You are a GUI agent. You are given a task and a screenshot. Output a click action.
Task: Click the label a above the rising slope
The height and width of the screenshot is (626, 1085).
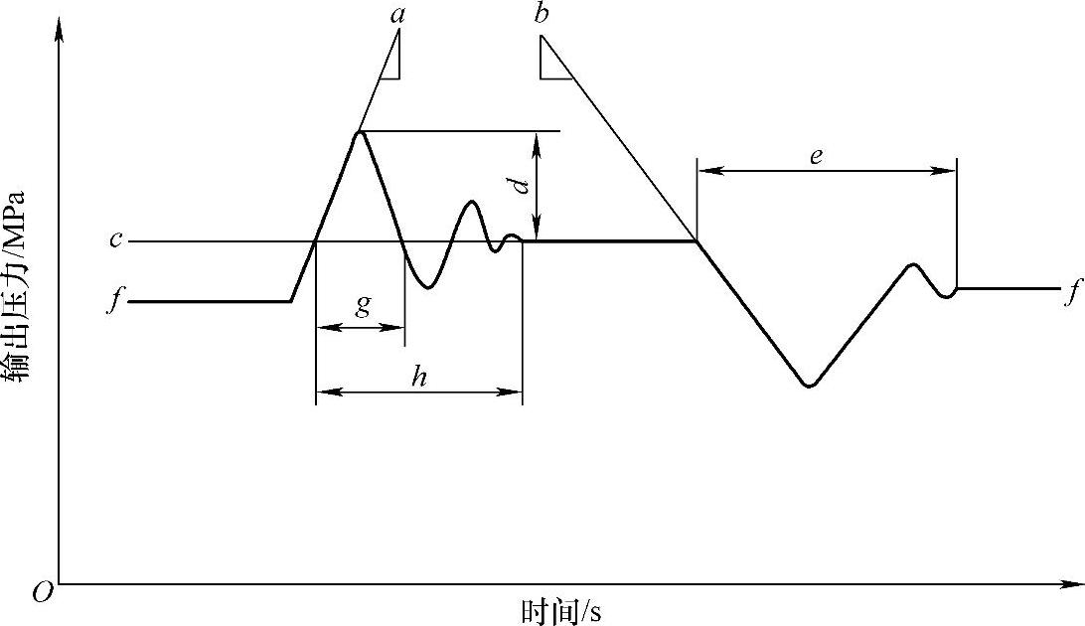(397, 14)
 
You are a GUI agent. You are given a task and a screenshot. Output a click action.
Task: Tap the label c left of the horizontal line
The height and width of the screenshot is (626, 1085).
(116, 240)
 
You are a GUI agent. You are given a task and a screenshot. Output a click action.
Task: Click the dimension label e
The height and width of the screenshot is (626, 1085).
(816, 156)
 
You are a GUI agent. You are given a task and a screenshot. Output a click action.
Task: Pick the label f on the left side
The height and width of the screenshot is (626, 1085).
(116, 301)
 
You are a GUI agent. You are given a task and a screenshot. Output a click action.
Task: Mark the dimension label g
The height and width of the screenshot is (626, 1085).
(363, 305)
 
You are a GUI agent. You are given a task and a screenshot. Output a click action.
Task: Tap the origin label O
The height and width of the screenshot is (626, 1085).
(43, 593)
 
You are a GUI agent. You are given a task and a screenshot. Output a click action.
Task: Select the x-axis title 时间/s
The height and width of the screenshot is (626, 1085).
(560, 610)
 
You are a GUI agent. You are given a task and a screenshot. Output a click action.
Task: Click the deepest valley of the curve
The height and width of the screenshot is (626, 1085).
(810, 385)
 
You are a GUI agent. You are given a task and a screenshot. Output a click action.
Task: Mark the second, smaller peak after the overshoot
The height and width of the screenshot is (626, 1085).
(471, 203)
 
